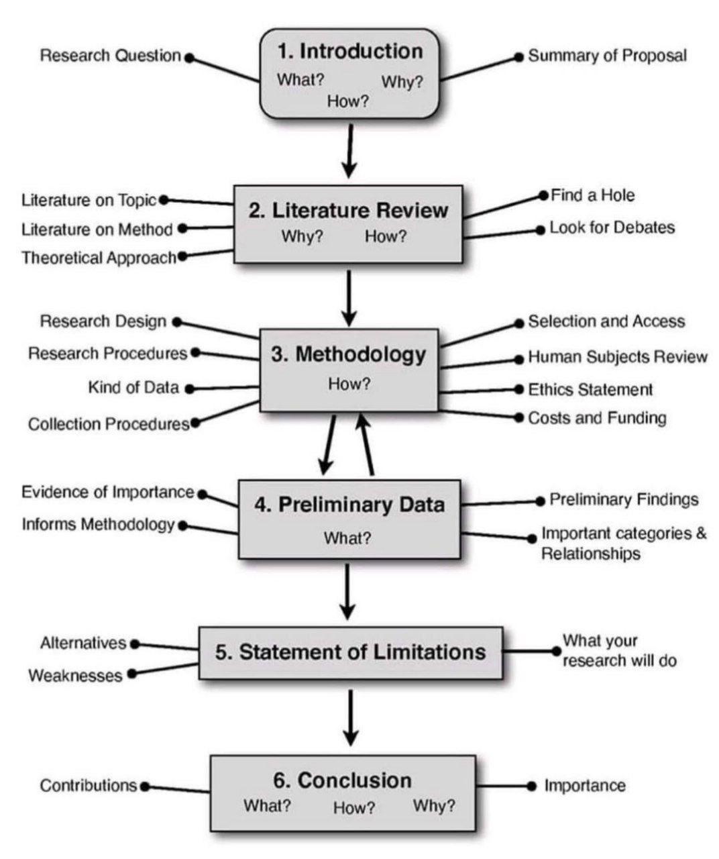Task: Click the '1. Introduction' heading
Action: coord(350,51)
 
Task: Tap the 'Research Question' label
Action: coord(111,56)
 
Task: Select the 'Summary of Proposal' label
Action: coord(607,56)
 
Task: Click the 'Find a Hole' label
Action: coord(592,195)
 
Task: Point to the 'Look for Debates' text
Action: coord(612,228)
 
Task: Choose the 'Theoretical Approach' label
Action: coord(99,258)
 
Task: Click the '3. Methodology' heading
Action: coord(348,354)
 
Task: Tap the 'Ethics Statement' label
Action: coord(590,389)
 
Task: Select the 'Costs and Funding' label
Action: coord(597,418)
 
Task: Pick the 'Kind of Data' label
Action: coord(133,387)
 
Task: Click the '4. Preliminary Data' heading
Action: coord(349,504)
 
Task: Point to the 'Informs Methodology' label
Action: coord(98,524)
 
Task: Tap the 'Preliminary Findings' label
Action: coord(624,499)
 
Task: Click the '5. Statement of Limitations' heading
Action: coord(350,652)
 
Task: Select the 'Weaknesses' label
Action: coord(75,675)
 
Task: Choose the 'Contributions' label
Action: coord(89,785)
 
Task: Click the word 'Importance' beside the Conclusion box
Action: coord(584,785)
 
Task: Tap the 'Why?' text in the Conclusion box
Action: coord(433,805)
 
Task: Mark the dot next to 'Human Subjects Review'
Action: coord(518,359)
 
